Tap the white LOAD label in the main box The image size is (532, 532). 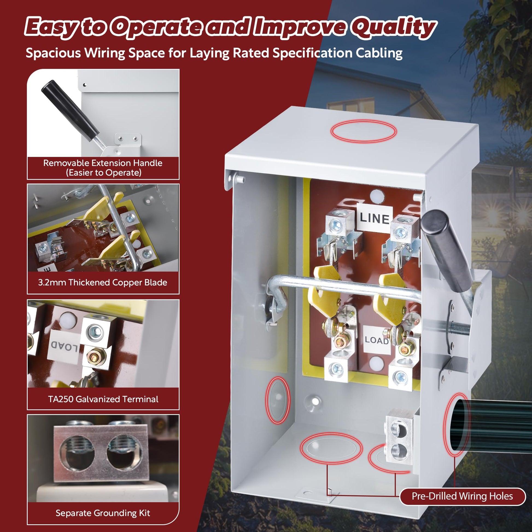pyautogui.click(x=377, y=340)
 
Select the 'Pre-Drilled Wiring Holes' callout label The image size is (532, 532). pyautogui.click(x=462, y=496)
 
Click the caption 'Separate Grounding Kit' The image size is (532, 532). pyautogui.click(x=103, y=513)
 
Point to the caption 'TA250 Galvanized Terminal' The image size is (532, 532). pyautogui.click(x=103, y=399)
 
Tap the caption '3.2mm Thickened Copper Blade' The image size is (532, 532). pyautogui.click(x=103, y=282)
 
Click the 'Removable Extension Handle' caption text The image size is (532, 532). pyautogui.click(x=103, y=163)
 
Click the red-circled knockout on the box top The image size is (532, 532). pyautogui.click(x=364, y=131)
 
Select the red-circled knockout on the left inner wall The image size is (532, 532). pyautogui.click(x=277, y=400)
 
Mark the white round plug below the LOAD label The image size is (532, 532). pyautogui.click(x=375, y=363)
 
